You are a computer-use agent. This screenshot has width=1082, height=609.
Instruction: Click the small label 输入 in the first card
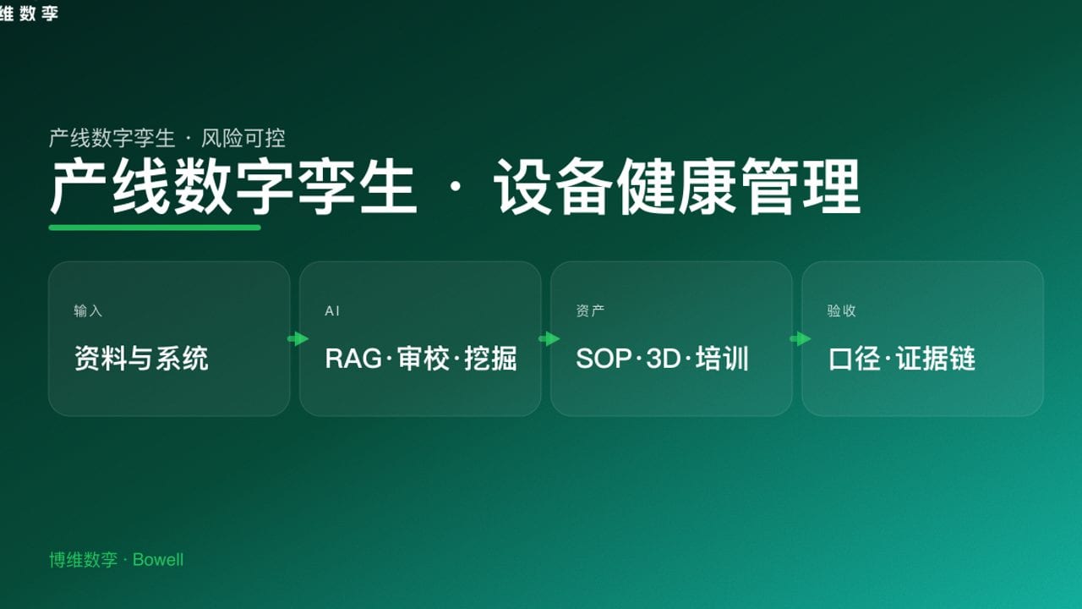[88, 311]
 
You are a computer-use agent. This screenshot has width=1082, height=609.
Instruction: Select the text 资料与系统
[141, 359]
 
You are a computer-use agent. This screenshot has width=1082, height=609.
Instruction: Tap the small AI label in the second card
[332, 311]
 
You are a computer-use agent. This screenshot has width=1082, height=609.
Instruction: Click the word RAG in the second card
[353, 359]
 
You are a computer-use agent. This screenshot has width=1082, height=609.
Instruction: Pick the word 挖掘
[490, 359]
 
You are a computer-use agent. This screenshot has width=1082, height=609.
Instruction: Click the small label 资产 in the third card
[590, 311]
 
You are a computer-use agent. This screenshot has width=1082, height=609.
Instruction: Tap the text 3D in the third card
[664, 359]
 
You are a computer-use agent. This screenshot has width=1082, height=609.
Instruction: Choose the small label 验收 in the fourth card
[841, 311]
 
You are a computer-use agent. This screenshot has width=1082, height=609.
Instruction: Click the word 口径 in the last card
[855, 359]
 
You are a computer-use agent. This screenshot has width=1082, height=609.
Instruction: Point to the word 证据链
[936, 359]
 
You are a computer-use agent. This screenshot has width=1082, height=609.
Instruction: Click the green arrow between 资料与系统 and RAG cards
[298, 339]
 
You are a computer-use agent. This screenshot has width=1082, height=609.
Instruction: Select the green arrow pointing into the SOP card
[549, 339]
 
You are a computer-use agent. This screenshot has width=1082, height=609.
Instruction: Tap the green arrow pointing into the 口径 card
[800, 339]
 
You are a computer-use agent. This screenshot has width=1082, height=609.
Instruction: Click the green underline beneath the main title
[155, 228]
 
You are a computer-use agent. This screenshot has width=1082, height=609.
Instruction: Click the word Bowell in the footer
[158, 560]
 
